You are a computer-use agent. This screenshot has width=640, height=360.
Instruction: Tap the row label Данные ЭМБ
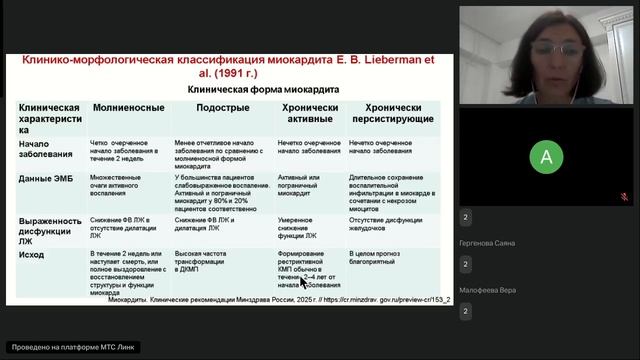[46, 178]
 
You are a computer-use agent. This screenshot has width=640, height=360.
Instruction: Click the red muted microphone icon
[624, 196]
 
